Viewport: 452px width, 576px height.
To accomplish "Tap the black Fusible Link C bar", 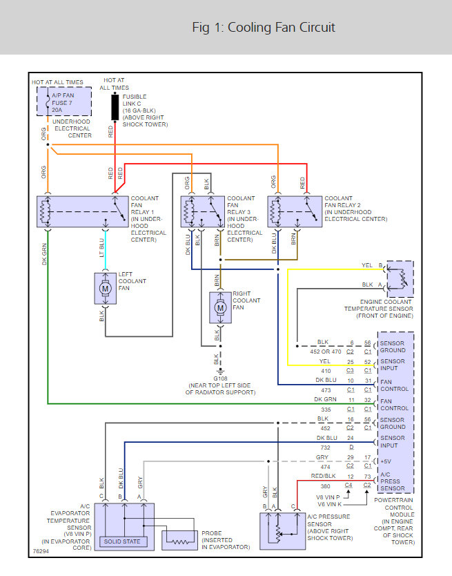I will point(115,108).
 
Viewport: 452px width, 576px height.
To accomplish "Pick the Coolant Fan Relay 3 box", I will point(202,211).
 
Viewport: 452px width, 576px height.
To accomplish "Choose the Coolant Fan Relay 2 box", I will point(293,211).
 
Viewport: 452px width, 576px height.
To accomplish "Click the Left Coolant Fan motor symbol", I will point(106,285).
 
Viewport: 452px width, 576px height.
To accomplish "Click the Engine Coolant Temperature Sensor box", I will point(399,279).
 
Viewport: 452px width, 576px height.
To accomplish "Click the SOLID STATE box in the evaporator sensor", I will point(121,541).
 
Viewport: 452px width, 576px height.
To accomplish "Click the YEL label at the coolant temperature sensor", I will point(367,265).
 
